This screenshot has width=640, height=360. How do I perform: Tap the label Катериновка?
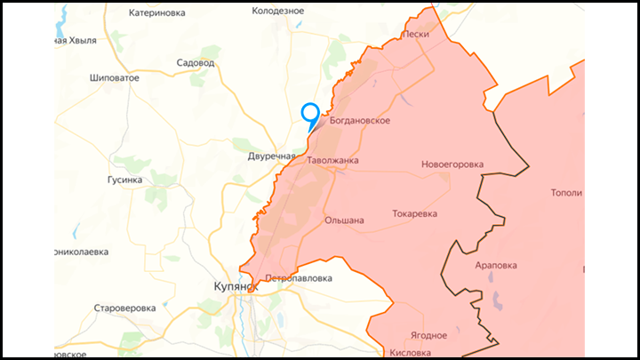(x=157, y=13)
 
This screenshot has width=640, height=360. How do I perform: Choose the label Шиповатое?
(x=115, y=78)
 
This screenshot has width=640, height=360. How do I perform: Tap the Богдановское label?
(x=360, y=121)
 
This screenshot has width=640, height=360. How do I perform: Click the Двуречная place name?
(x=271, y=156)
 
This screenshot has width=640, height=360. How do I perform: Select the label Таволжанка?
(x=332, y=161)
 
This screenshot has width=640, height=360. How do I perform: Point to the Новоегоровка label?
(x=452, y=164)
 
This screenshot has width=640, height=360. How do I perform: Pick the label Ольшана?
(x=344, y=220)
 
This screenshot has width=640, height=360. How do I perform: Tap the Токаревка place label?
(x=415, y=214)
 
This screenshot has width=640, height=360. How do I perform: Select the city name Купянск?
(x=235, y=287)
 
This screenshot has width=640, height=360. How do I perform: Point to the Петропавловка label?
(x=300, y=278)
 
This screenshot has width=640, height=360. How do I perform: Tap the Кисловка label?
(x=410, y=353)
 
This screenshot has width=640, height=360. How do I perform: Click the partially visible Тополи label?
(x=568, y=193)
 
